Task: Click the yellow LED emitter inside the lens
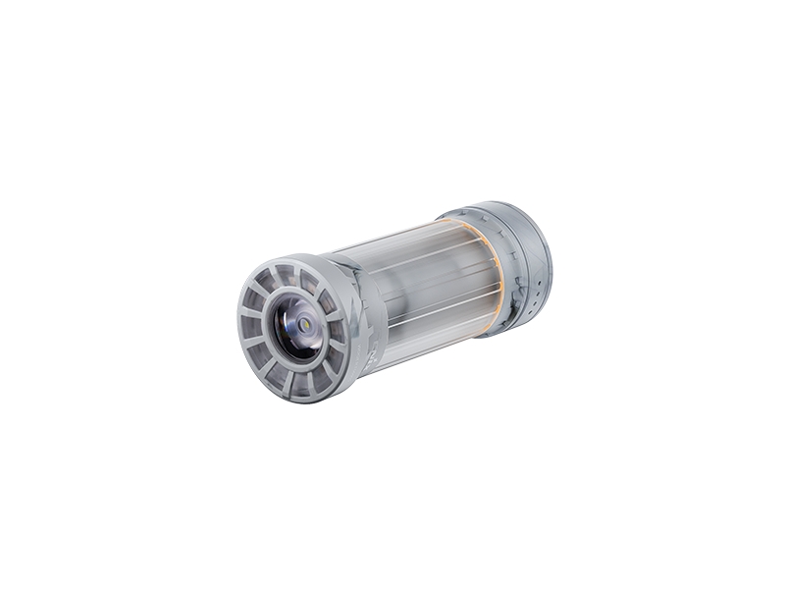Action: [x=306, y=323]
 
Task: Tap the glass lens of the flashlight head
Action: [x=297, y=328]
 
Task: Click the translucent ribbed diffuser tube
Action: [x=422, y=290]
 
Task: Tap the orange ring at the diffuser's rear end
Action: [x=496, y=270]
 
